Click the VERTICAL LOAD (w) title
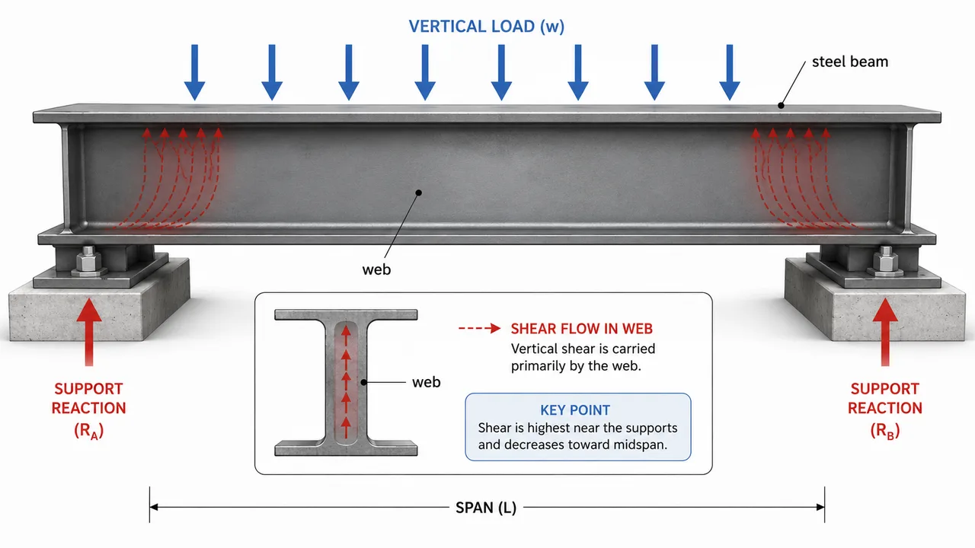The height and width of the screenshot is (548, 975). (486, 27)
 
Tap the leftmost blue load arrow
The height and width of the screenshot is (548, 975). (194, 72)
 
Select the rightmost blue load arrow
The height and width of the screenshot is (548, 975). (730, 72)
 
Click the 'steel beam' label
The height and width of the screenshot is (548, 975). (849, 62)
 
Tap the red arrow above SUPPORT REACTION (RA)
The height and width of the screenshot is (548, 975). (89, 331)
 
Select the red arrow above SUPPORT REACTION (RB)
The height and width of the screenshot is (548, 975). (885, 331)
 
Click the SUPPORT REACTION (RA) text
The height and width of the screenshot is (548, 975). (89, 410)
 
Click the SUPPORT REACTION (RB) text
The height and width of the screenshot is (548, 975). (885, 410)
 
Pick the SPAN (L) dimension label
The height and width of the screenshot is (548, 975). (486, 508)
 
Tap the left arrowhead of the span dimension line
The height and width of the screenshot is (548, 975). (154, 507)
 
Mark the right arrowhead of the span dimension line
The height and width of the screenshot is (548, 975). (820, 507)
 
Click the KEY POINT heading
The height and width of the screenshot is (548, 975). (575, 409)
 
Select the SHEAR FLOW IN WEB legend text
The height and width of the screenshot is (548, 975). (581, 329)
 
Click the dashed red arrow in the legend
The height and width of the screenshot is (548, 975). (480, 328)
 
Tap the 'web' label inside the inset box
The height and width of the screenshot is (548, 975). (426, 382)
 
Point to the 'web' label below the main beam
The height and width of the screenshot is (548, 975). (376, 269)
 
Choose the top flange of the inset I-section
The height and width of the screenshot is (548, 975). (346, 314)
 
